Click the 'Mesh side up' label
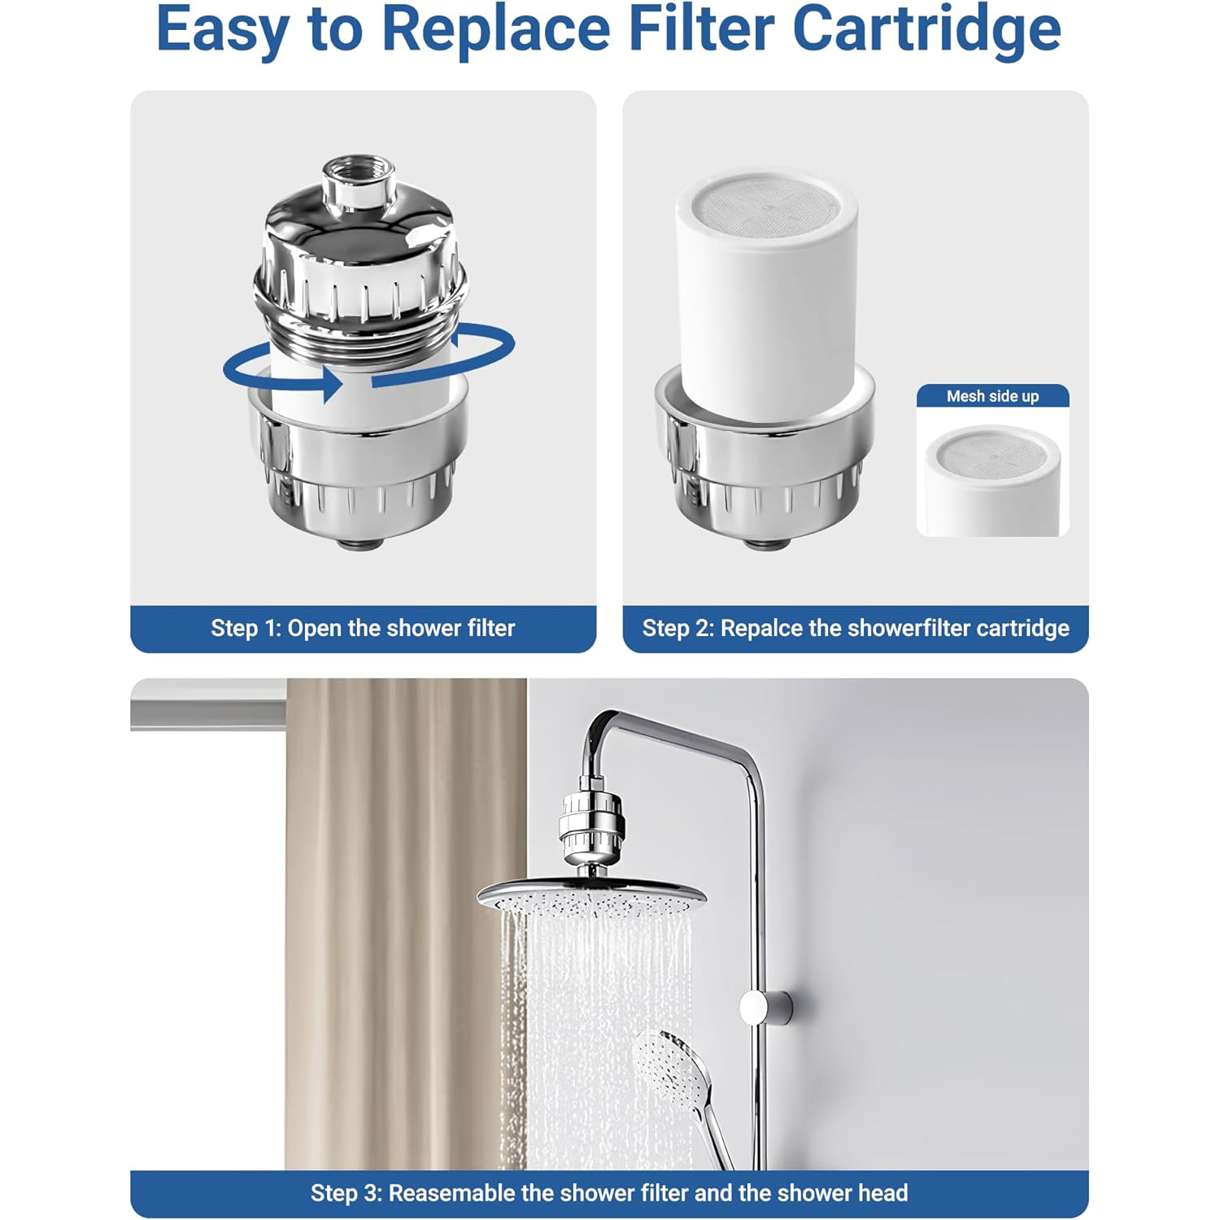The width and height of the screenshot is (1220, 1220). pos(992,396)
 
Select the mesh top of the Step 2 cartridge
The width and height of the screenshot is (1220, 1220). pos(766,206)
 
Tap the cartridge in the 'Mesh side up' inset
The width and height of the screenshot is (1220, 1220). pos(992,480)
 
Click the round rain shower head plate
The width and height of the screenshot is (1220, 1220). pos(591,896)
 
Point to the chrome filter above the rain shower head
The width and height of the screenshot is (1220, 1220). pos(593,829)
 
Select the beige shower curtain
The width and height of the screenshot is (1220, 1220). pos(406,924)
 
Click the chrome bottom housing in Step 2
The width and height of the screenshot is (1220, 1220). pos(765,464)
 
